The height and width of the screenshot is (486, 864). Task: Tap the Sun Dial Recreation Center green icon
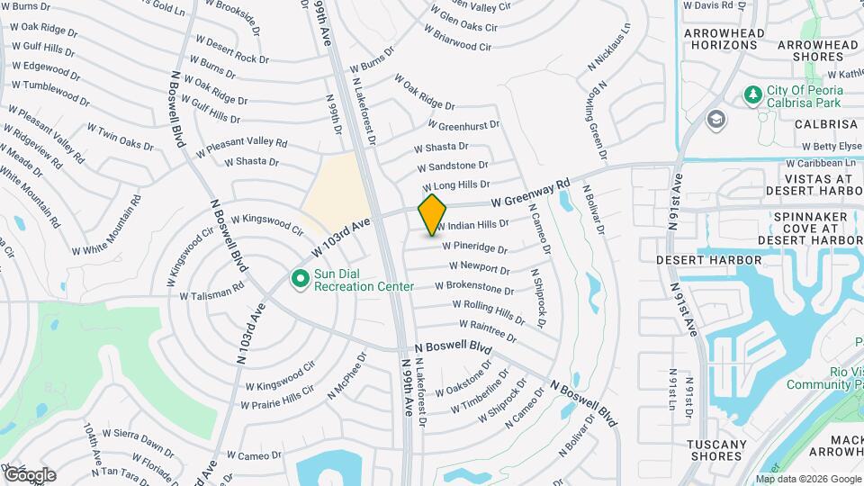(x=301, y=280)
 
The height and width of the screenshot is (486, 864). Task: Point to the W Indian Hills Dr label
(x=473, y=225)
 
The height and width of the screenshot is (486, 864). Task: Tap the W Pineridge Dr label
(x=475, y=247)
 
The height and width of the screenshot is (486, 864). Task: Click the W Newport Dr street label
(x=479, y=268)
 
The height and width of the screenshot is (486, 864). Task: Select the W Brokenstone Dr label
(x=474, y=288)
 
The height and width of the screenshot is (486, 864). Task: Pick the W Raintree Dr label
(x=488, y=331)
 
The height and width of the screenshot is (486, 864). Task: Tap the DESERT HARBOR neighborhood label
(x=708, y=260)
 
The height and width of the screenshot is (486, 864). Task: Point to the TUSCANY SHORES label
(x=716, y=450)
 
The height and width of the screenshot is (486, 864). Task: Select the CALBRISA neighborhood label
(x=825, y=124)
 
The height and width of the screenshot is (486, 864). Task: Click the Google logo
(x=30, y=474)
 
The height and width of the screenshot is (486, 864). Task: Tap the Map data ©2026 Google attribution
(x=807, y=479)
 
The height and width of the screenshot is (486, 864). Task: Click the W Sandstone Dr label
(x=453, y=166)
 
